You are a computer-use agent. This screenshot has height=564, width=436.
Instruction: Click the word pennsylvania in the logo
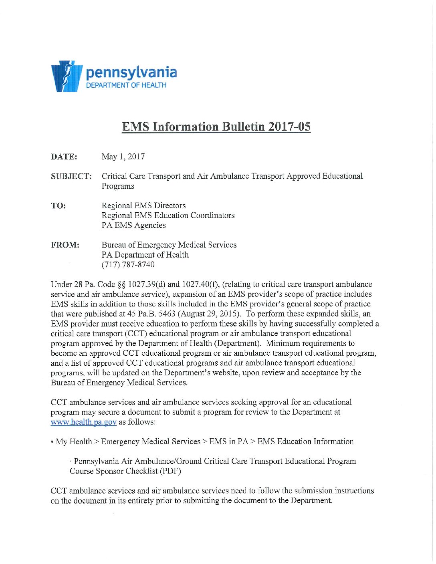point(131,73)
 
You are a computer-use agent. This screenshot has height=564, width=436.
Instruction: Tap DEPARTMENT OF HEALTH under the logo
point(126,85)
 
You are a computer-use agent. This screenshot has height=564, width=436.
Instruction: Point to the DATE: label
point(64,157)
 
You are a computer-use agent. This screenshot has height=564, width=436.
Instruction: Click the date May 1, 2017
point(123,157)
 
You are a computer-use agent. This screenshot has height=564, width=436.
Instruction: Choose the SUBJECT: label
point(71,176)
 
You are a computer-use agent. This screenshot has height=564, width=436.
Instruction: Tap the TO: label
point(59,206)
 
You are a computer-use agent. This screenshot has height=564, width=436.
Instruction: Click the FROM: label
point(65,245)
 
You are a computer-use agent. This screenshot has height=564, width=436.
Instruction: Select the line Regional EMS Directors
point(143,206)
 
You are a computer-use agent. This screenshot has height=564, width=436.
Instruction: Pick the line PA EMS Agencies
point(133,226)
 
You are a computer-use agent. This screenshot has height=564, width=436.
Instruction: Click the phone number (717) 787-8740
point(128,265)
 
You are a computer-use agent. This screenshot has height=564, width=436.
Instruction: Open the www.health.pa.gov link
point(83,422)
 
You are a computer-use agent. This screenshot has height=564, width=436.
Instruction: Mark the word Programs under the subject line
point(118,186)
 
